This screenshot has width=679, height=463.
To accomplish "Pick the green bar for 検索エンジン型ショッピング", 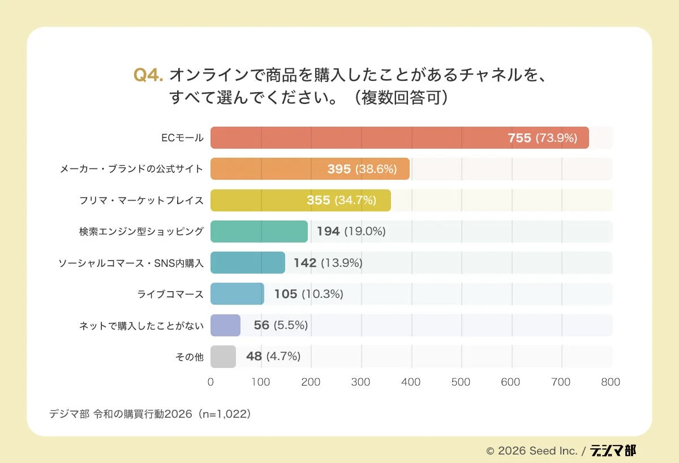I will tap(259, 232).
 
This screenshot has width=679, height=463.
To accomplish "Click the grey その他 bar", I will tap(223, 357).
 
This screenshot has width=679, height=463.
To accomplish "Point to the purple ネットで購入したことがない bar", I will tap(225, 325).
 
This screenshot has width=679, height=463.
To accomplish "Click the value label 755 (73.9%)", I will tap(542, 138).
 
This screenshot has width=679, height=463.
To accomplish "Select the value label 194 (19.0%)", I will tap(351, 231).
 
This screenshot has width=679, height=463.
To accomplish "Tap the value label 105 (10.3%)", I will tap(308, 294).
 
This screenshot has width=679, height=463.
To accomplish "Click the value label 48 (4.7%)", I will tap(273, 356).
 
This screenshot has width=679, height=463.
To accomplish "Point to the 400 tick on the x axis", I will tap(411, 382).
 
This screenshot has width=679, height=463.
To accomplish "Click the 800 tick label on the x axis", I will tap(611, 382).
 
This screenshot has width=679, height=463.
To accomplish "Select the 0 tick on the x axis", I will tap(210, 382).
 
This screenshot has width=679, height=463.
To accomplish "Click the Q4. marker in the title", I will tap(148, 75).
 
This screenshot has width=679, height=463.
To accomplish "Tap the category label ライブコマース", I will tap(170, 294).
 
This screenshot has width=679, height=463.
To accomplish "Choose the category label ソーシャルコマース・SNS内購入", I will tap(131, 263).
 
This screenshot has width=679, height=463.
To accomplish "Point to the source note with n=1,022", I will tap(150, 414).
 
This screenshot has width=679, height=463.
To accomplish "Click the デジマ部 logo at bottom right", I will tap(613, 451).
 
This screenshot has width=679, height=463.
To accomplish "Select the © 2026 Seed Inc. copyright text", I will tap(531, 451).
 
